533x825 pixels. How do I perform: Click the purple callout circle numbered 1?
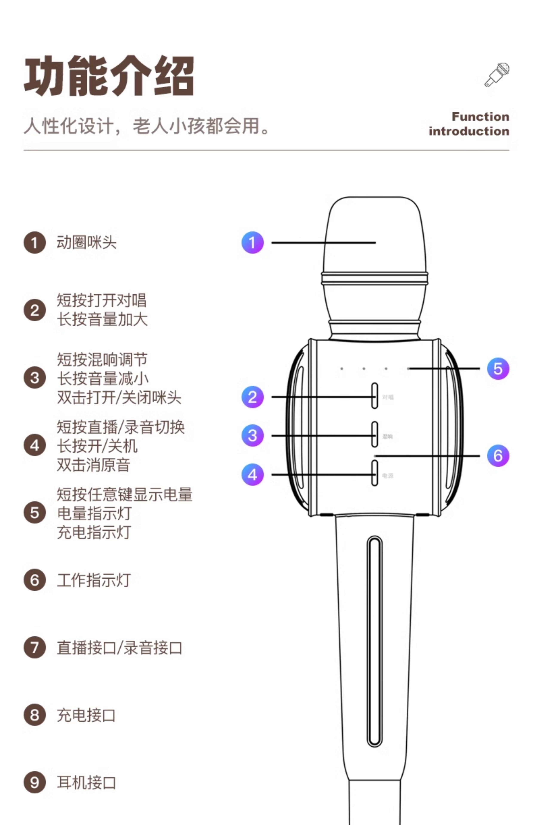[x=252, y=243]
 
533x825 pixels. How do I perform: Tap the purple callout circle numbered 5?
[x=498, y=368]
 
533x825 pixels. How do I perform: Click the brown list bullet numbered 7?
[x=35, y=647]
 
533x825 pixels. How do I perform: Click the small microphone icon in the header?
[x=497, y=75]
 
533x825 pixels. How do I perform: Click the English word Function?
[x=480, y=117]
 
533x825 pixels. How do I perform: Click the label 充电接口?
[x=86, y=715]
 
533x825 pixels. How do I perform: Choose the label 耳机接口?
[x=86, y=782]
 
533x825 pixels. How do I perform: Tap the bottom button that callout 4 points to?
[x=374, y=473]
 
